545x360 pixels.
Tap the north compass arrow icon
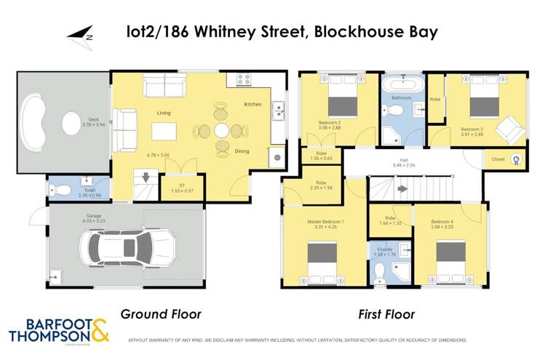coord(79,34)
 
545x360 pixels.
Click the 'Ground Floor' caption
coord(160,314)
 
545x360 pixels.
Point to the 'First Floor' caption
coord(386,314)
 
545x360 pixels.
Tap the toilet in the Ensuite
coord(379,271)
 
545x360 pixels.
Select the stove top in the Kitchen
coord(243,80)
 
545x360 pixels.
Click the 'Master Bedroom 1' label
coord(322,221)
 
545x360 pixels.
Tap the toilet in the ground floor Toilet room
coord(61,191)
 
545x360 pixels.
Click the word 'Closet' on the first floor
coord(498,159)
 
